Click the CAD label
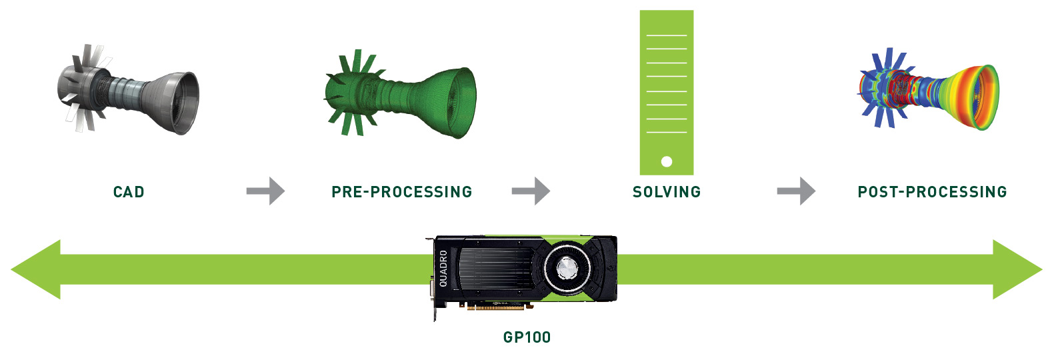129,192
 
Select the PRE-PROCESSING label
402,192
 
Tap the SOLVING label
667,192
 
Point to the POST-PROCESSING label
932,192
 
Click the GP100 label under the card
527,337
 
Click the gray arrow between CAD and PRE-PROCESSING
266,191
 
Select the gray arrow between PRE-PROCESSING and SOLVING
531,191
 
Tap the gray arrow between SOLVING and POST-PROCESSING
796,191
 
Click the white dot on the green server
666,162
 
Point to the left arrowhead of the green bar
36,269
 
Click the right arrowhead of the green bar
1017,269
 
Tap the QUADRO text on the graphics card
443,269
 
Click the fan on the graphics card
567,269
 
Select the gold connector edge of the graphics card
495,308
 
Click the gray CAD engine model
128,89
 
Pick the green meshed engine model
401,93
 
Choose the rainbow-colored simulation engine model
927,89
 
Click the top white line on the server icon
667,35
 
